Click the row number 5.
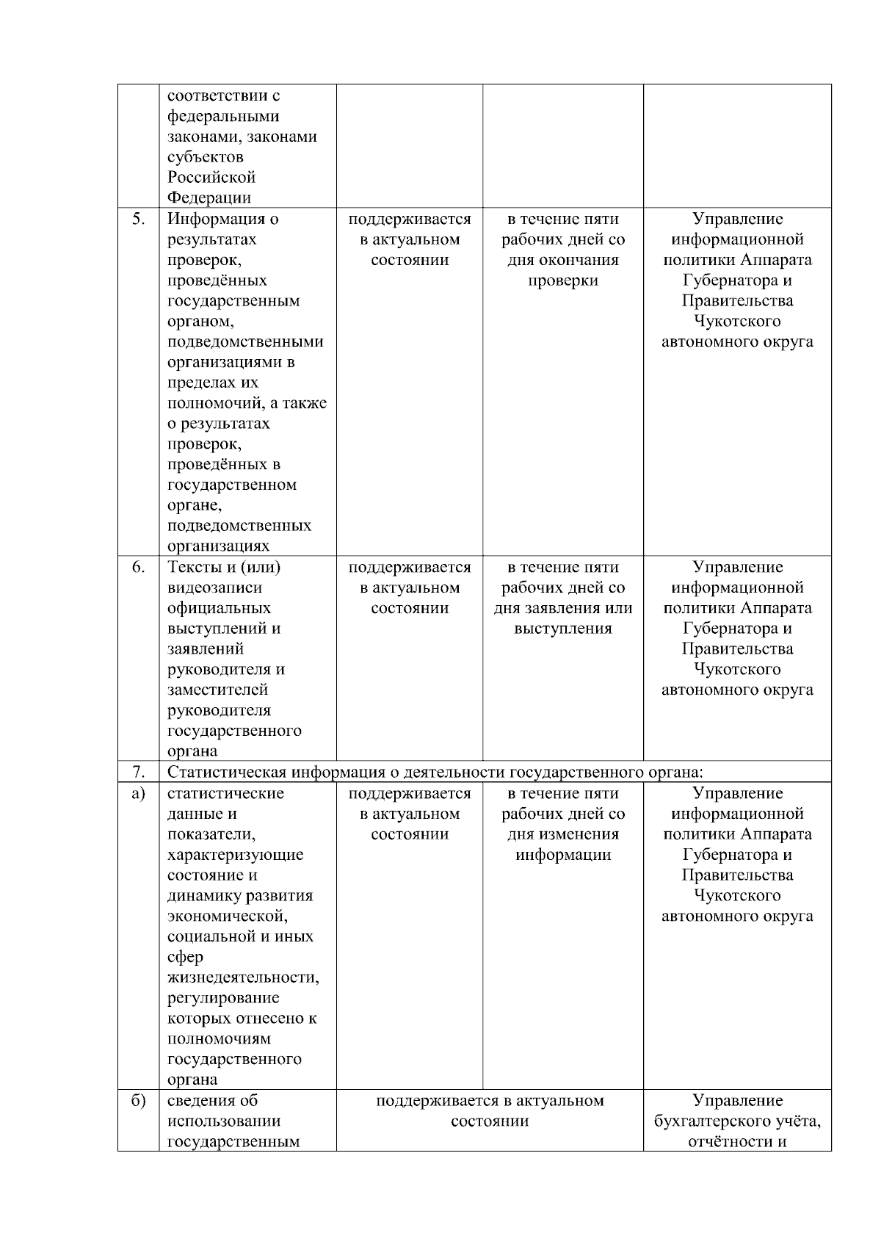point(138,219)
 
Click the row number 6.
point(138,567)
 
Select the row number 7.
point(138,772)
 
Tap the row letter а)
point(138,793)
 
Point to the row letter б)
point(138,1100)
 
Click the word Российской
point(211,177)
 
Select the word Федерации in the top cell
point(209,198)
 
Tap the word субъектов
point(206,157)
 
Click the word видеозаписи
point(215,588)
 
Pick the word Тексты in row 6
point(192,567)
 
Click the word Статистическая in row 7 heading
point(227,772)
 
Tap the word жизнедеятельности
point(243,977)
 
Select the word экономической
point(228,916)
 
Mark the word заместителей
point(218,690)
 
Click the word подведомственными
point(245,341)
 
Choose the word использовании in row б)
point(214,1121)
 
